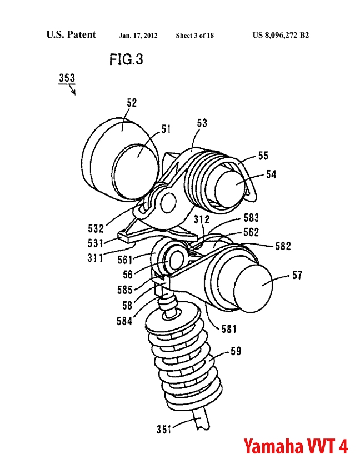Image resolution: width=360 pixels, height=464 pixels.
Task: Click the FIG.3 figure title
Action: (x=126, y=59)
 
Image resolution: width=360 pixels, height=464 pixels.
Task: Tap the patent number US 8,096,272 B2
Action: (x=281, y=35)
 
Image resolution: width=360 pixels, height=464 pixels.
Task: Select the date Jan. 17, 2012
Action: (x=138, y=36)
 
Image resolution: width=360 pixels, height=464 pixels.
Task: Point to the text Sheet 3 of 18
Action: (x=194, y=36)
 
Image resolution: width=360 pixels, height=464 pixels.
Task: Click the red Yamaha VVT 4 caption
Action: (x=296, y=446)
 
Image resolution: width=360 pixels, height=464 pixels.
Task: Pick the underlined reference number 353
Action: (x=67, y=78)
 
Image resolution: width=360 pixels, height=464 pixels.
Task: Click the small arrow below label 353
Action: (x=72, y=89)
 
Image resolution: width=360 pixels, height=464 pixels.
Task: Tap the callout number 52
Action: (x=132, y=103)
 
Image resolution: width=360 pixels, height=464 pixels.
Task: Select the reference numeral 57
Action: (x=297, y=275)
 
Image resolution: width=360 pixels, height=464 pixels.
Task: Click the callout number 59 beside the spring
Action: (x=236, y=351)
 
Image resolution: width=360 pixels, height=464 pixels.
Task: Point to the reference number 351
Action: (x=163, y=429)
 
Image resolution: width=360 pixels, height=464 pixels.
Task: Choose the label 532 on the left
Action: (x=96, y=228)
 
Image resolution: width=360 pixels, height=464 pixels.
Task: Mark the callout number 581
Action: (x=229, y=329)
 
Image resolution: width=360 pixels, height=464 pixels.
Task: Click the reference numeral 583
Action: (x=251, y=218)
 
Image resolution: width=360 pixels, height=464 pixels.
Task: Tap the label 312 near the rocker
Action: (x=202, y=219)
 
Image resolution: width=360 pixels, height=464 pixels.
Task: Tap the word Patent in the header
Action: (x=81, y=34)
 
